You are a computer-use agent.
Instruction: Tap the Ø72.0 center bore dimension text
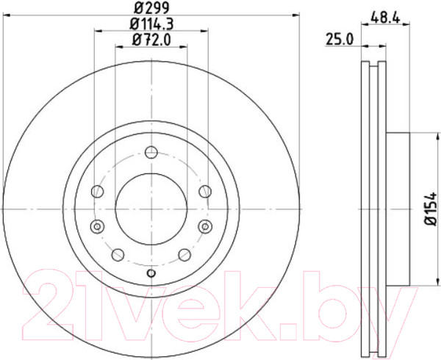[x=151, y=41]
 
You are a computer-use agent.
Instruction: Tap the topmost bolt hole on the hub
[x=151, y=152]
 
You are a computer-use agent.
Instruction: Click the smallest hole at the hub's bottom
[x=151, y=274]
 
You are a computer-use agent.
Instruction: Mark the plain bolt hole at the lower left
[x=116, y=254]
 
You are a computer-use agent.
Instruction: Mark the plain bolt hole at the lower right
[x=186, y=254]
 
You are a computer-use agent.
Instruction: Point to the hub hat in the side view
[x=397, y=209]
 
